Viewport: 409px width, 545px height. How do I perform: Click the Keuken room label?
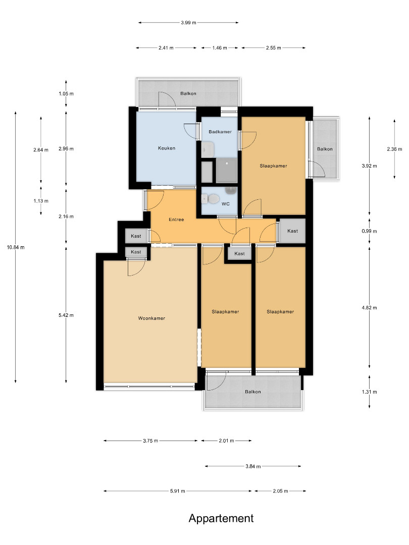tap(167, 148)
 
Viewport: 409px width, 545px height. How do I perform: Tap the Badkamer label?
tap(220, 132)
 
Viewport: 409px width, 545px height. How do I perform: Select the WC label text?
tap(225, 204)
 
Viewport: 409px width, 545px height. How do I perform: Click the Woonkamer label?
tap(151, 318)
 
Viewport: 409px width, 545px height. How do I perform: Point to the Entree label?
tap(176, 220)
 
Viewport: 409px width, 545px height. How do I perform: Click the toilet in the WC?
tap(210, 199)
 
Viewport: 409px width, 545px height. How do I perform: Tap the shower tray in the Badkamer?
tap(227, 171)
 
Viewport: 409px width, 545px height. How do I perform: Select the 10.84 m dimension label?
tap(16, 247)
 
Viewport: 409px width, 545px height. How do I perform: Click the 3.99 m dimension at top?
tap(188, 23)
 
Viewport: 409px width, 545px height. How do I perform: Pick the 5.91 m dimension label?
tap(178, 491)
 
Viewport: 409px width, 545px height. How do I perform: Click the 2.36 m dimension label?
tap(394, 149)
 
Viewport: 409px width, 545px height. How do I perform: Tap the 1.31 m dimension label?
tap(369, 392)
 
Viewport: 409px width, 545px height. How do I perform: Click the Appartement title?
tap(221, 518)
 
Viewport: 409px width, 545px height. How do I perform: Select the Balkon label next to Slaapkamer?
tap(325, 149)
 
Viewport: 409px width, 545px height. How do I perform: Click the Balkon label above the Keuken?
tap(188, 93)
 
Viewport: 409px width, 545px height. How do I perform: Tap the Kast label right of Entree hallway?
tap(292, 231)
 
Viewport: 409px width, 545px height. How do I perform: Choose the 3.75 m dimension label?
tap(150, 441)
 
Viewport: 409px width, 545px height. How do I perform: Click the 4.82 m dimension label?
tap(369, 308)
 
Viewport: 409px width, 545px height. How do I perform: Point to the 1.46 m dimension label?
tap(220, 48)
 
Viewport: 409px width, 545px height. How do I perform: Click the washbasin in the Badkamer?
tap(208, 150)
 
